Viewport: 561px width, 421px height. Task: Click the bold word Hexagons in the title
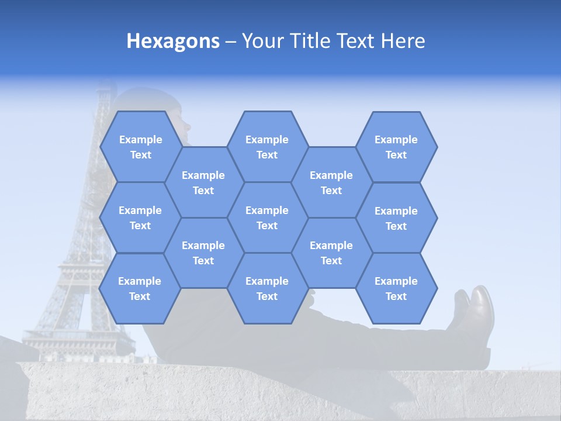173,41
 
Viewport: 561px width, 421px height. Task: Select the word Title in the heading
320,41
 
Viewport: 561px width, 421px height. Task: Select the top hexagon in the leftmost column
140,147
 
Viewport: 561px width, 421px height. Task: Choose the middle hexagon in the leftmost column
140,218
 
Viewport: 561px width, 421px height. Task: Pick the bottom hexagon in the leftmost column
140,288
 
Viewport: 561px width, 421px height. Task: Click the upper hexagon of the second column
203,182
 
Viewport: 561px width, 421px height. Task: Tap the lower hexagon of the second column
203,253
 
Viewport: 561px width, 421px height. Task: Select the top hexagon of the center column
267,147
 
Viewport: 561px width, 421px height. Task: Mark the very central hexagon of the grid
267,218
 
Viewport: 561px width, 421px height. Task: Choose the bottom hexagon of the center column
267,288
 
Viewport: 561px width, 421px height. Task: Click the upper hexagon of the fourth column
331,182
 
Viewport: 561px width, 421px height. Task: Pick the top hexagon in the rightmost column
396,147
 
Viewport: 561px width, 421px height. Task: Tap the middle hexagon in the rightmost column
396,218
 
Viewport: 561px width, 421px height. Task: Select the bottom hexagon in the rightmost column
396,288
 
